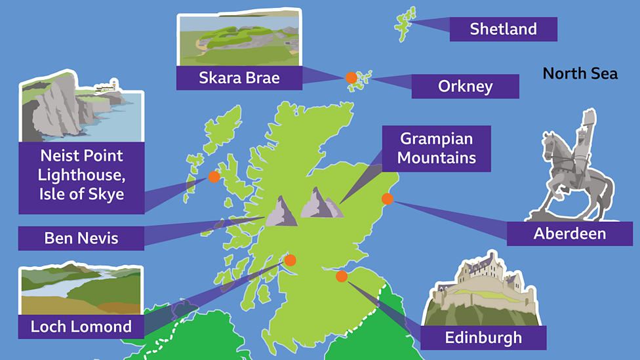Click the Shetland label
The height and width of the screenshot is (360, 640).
tap(503, 29)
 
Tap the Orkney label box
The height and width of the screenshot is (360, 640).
tap(465, 86)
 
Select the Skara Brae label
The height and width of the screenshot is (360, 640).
tap(239, 78)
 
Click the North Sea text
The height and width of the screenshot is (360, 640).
tap(580, 73)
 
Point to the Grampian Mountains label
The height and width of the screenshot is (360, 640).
tap(437, 149)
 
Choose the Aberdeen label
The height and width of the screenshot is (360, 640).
tap(569, 233)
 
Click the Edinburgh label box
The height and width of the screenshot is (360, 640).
tap(483, 338)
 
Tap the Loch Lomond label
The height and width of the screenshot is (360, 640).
tap(81, 327)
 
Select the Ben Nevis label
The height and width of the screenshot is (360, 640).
tap(81, 238)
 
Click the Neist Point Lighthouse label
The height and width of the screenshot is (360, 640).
tap(81, 175)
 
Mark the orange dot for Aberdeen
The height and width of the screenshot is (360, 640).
tap(388, 199)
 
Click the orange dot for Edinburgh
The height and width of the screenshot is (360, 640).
tap(341, 276)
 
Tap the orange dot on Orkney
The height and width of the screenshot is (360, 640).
tap(351, 77)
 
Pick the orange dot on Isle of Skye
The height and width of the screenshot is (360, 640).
tap(214, 176)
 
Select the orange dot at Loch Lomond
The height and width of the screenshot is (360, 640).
tap(290, 260)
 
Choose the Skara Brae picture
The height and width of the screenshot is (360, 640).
tap(239, 38)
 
